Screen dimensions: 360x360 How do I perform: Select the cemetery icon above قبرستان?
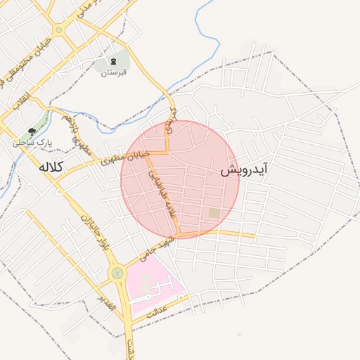pyautogui.click(x=113, y=60)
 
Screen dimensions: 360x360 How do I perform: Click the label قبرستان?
pyautogui.click(x=113, y=72)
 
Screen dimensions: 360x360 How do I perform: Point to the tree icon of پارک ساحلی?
pyautogui.click(x=32, y=131)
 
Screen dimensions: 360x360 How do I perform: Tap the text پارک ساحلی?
pyautogui.click(x=30, y=143)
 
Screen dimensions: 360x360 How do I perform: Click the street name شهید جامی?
pyautogui.click(x=156, y=250)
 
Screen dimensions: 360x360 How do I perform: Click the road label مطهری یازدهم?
pyautogui.click(x=76, y=132)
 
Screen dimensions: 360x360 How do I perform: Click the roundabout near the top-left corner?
pyautogui.click(x=58, y=29)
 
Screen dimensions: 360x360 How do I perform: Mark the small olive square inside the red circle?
pyautogui.click(x=214, y=213)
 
